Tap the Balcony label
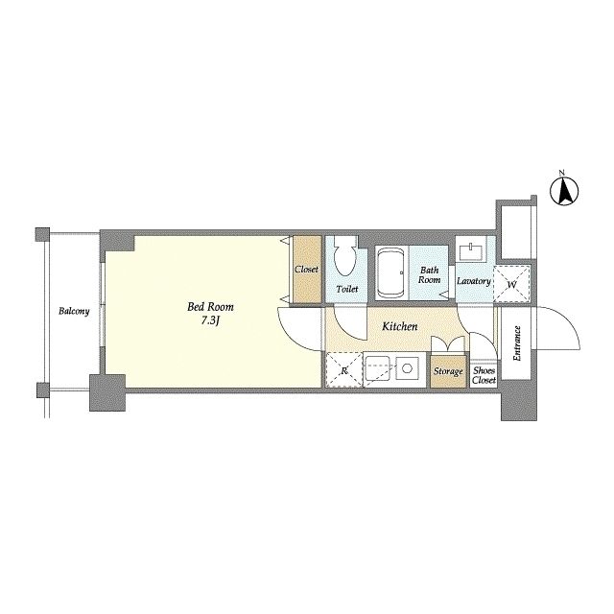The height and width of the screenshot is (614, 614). click(x=74, y=311)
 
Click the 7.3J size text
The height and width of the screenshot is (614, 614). click(x=210, y=321)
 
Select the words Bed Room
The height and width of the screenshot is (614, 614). click(x=210, y=307)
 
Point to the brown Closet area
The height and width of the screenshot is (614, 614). click(x=307, y=269)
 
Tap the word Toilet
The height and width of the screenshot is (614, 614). click(x=347, y=290)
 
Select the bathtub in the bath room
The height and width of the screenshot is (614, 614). click(x=390, y=272)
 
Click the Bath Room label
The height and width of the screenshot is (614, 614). click(x=430, y=275)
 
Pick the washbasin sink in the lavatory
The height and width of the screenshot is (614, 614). click(x=472, y=251)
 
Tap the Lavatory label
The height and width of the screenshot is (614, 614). click(x=474, y=281)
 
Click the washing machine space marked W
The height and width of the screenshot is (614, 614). click(x=511, y=284)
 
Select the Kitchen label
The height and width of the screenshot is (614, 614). click(x=400, y=326)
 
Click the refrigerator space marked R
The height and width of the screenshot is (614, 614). click(x=343, y=369)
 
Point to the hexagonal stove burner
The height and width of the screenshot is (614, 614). click(x=407, y=368)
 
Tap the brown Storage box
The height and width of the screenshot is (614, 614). click(x=448, y=371)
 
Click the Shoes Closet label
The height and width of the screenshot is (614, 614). click(x=484, y=375)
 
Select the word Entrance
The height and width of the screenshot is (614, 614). click(x=517, y=343)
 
